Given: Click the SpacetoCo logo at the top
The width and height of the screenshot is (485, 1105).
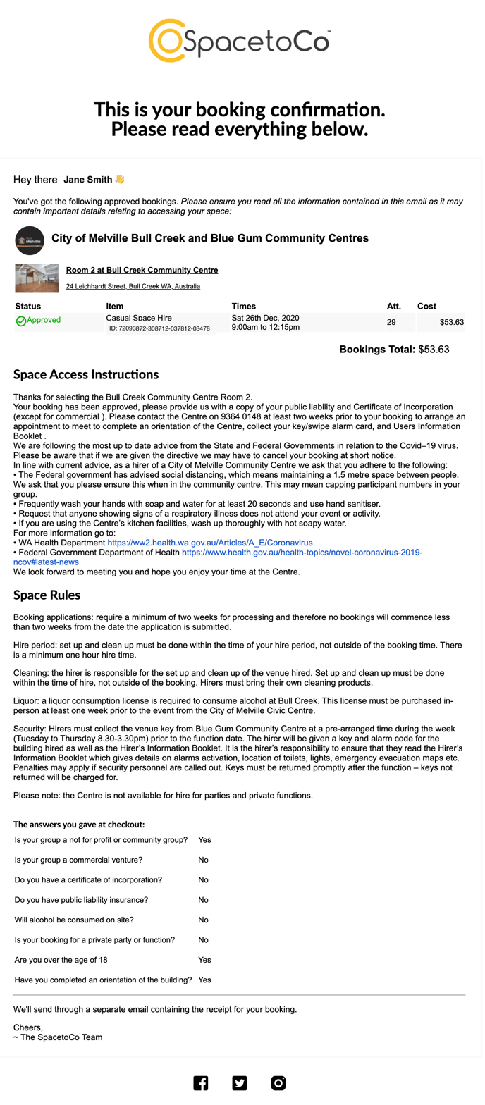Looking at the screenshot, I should point(240,42).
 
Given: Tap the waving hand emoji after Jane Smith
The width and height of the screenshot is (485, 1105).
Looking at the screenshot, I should point(120,180).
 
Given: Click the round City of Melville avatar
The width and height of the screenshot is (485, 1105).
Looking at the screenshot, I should point(29,240).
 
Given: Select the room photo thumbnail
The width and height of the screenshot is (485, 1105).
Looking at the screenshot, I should point(37,278).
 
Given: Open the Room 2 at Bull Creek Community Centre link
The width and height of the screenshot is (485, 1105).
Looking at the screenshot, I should point(142,270).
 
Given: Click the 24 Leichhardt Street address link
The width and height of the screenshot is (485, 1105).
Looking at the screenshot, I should point(133,287).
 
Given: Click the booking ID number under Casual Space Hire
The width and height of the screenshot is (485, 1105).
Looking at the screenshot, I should point(159,328).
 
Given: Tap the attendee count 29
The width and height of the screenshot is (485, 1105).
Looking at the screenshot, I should point(391,322).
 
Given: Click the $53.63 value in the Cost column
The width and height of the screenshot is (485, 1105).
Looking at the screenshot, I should point(451,322).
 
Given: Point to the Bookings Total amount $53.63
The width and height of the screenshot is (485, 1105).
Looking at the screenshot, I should point(434,349).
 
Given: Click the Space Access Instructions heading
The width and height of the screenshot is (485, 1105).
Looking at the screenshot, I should point(86,374).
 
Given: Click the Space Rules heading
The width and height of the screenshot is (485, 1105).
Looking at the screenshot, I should point(47,595).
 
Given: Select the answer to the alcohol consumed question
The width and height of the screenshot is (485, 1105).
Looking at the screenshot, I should point(203,920).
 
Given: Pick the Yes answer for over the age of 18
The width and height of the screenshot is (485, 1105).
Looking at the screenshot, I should point(204,960).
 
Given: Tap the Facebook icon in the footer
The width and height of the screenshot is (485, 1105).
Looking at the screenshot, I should point(201,1083).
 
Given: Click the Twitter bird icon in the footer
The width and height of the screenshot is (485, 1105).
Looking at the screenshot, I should point(240,1083).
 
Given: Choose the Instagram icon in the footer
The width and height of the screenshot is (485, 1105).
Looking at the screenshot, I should point(278,1083).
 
